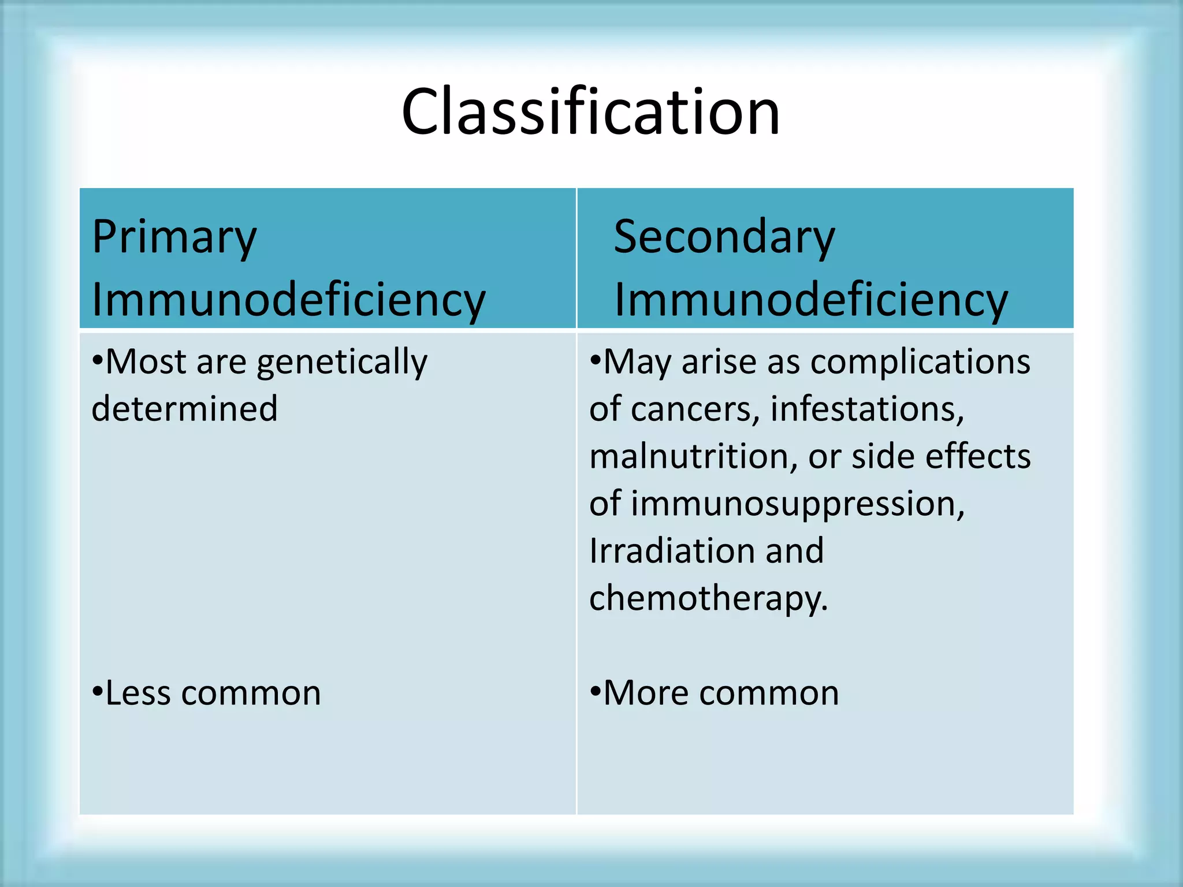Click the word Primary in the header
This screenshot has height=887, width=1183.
[x=174, y=238]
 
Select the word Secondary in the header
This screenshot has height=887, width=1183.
[x=724, y=238]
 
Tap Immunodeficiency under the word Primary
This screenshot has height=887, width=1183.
[x=288, y=300]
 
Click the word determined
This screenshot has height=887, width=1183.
[x=184, y=409]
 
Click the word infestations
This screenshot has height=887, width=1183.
[x=866, y=410]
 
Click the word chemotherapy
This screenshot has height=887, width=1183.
[x=708, y=598]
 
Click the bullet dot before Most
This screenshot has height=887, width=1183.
[x=97, y=361]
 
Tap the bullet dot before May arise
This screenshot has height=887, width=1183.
[x=595, y=361]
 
